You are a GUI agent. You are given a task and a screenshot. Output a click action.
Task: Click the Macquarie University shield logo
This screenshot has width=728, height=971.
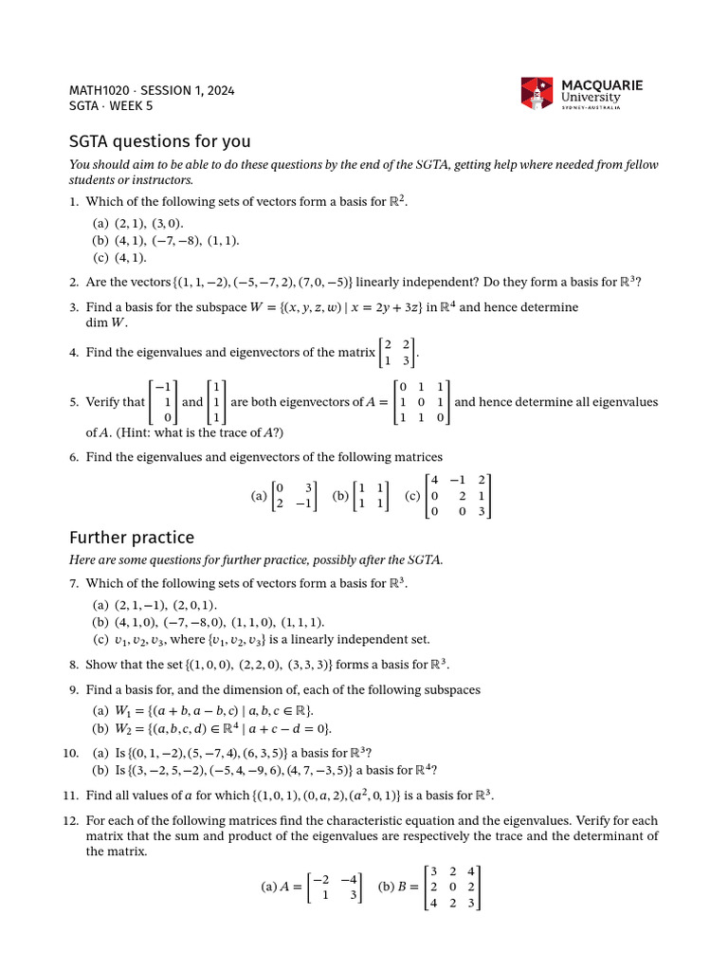[x=536, y=93]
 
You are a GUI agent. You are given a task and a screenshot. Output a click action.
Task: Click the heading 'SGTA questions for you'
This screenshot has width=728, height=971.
[x=160, y=141]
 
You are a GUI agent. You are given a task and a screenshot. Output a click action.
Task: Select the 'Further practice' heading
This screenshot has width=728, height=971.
[x=132, y=538]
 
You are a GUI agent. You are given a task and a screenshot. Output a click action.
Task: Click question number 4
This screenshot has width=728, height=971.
[x=74, y=353]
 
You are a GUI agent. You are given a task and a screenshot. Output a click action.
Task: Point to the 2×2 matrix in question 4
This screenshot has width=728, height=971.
[x=397, y=352]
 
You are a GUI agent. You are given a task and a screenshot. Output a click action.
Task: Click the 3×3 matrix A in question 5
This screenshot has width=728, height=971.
[x=422, y=402]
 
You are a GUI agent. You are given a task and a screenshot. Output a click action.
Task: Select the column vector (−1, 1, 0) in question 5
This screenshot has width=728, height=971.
[x=163, y=402]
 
